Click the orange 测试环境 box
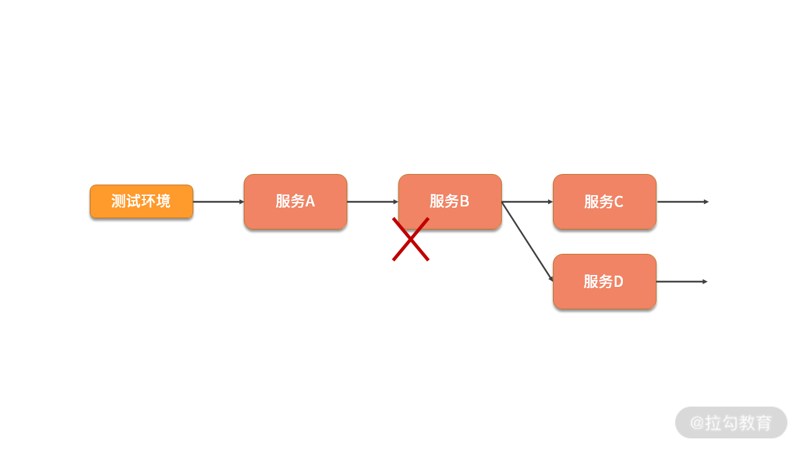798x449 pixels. point(142,201)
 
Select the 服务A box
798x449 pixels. point(296,201)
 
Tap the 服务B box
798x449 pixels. point(450,201)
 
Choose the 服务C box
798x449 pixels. point(604,201)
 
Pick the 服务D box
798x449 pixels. point(604,281)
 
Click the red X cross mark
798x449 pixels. point(411,239)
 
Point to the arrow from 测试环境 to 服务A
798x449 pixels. point(218,201)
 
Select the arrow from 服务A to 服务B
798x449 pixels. point(372,201)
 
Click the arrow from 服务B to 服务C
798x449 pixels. point(527,201)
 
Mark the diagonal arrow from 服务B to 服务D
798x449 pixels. point(527,241)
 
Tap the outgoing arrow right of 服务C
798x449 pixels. point(683,201)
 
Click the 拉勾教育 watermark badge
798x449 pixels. point(731,422)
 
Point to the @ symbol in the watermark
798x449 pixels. point(697,423)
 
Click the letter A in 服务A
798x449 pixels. point(310,201)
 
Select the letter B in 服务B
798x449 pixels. point(464,201)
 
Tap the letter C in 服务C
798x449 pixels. point(618,202)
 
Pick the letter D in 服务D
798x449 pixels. point(618,282)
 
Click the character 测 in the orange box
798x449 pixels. point(118,201)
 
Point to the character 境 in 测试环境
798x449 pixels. point(163,201)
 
